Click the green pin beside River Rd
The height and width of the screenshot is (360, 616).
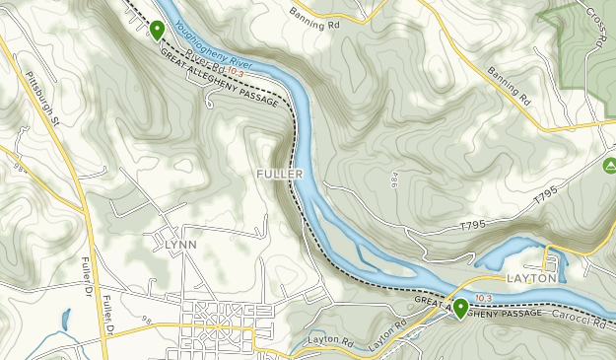(x=156, y=31)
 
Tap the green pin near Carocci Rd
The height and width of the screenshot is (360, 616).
(x=460, y=308)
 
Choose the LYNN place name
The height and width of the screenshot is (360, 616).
(x=173, y=244)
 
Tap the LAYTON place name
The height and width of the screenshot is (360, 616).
(x=532, y=280)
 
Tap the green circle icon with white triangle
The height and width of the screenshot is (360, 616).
(x=609, y=164)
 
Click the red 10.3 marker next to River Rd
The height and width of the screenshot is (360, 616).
(x=235, y=71)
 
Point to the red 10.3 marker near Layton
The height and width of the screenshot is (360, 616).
(x=483, y=298)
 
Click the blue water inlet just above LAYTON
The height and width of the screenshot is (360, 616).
(x=508, y=253)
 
